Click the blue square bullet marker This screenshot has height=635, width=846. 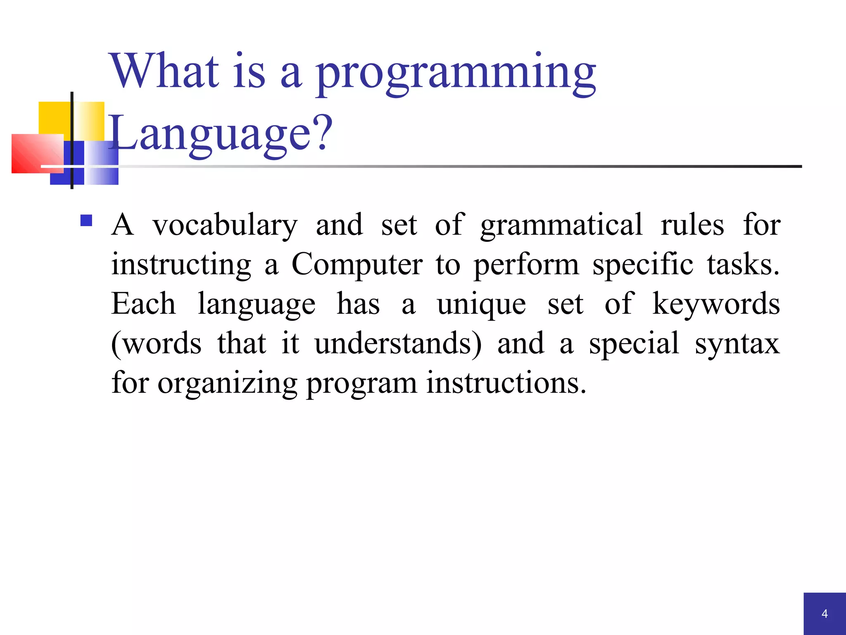86,220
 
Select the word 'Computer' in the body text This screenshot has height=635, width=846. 357,265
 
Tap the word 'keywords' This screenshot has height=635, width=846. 716,304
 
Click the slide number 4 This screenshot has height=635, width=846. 825,614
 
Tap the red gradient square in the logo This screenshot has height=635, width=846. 37,153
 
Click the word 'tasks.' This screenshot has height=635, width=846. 743,265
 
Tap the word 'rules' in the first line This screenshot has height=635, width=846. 692,225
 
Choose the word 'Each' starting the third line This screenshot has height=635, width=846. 143,304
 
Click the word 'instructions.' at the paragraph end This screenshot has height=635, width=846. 506,383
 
